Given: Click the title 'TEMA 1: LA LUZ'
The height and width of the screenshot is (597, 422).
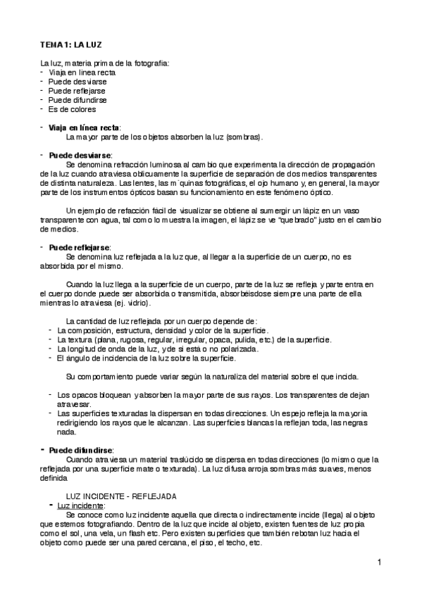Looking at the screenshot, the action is pos(71,44).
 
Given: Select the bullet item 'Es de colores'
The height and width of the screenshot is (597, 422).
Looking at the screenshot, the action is pos(73,109).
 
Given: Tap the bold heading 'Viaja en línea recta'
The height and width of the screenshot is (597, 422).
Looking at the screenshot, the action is pos(84,127).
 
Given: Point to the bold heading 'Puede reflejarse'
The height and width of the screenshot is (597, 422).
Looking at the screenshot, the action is pos(80,248).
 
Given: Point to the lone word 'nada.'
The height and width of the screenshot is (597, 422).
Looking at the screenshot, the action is pos(66,432).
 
